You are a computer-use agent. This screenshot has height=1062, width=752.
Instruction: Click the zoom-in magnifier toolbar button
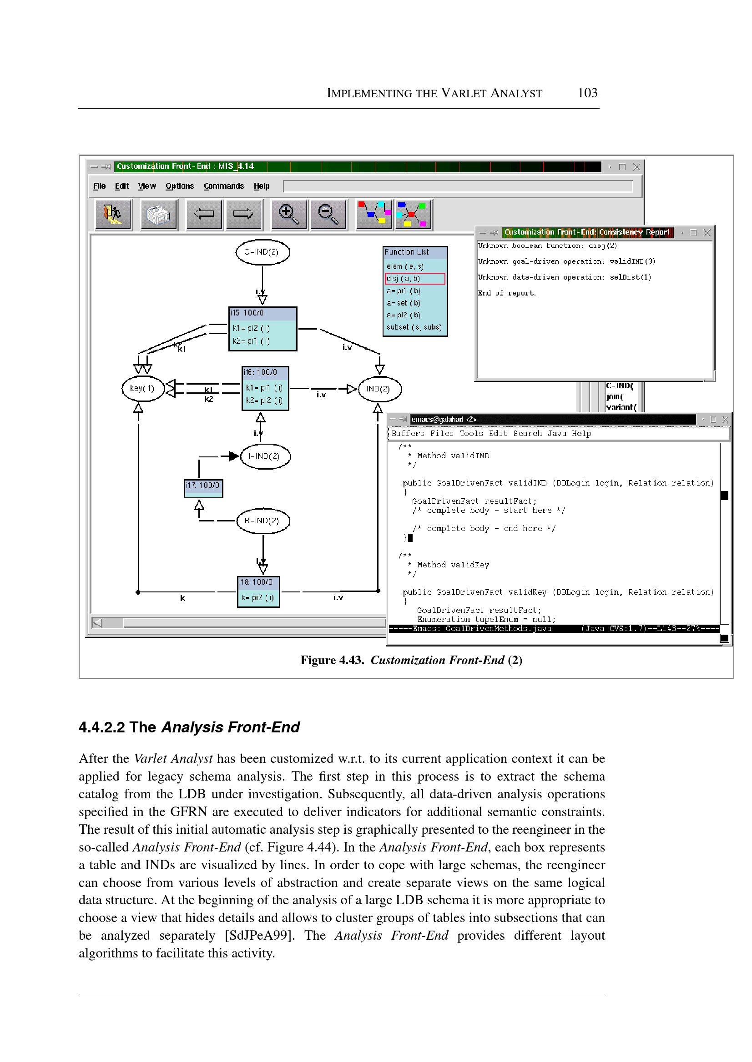tap(288, 214)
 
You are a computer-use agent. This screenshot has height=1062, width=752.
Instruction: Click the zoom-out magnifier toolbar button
tap(328, 214)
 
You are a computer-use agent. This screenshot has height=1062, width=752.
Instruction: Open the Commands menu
tap(224, 186)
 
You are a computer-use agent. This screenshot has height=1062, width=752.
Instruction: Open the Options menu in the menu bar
tap(180, 186)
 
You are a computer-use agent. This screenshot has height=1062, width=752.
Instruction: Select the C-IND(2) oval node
tap(262, 252)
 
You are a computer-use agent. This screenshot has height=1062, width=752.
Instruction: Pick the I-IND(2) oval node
tap(265, 456)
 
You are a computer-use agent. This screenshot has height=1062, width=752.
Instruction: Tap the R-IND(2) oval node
tap(262, 521)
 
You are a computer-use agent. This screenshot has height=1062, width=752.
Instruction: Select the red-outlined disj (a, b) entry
tap(414, 279)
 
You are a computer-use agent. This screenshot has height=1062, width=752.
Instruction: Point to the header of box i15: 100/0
tap(262, 313)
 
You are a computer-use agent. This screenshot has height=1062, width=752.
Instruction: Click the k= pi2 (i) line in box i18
tap(258, 597)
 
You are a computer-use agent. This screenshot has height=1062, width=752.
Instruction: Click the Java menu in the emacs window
tap(556, 434)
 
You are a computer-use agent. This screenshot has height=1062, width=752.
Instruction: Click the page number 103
tap(587, 93)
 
